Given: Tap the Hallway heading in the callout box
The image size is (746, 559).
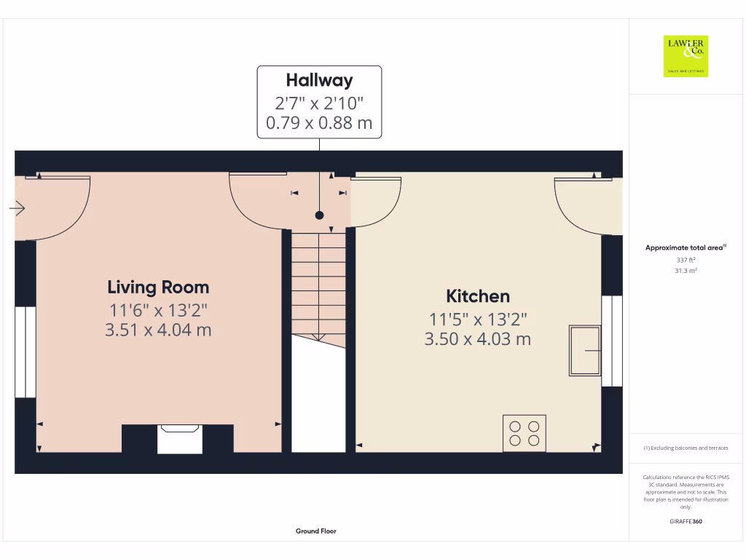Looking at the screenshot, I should tap(319, 80).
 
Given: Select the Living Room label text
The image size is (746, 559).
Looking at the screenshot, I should tap(158, 287).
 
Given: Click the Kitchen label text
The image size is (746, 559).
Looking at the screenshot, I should tap(478, 296).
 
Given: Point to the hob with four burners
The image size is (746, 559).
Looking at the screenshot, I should tap(524, 433).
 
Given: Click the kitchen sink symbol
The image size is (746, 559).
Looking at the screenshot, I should tap(585, 351).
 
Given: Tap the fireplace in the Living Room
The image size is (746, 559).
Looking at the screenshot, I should tap(180, 439).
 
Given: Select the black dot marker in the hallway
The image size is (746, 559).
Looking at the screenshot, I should tap(319, 215).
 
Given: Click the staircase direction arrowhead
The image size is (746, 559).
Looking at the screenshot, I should tap(318, 337).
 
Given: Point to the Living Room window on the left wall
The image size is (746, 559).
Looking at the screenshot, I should tap(25, 352).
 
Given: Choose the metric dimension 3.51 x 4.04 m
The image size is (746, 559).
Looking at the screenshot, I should tap(158, 330).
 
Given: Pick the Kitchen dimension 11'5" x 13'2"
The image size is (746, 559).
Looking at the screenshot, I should tap(478, 319).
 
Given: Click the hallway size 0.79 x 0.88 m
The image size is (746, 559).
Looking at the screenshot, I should tap(319, 123).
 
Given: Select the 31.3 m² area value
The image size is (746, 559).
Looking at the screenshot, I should tap(686, 271).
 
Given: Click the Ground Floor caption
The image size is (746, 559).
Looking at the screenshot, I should tap(316, 531).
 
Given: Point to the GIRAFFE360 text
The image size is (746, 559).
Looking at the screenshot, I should tap(686, 521).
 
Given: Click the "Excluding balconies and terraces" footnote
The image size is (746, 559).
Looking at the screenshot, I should tap(686, 448).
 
